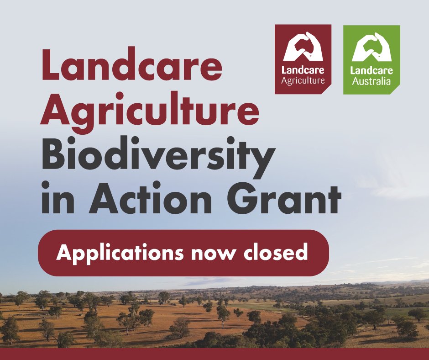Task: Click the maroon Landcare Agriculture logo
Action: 303,59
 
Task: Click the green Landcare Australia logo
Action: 371,59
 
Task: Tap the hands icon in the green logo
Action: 371,47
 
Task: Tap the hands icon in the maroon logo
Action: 303,47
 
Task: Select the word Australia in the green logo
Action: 371,82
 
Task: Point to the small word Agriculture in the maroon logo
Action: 303,81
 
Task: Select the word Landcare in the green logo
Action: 371,71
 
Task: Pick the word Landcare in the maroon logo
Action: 303,71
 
